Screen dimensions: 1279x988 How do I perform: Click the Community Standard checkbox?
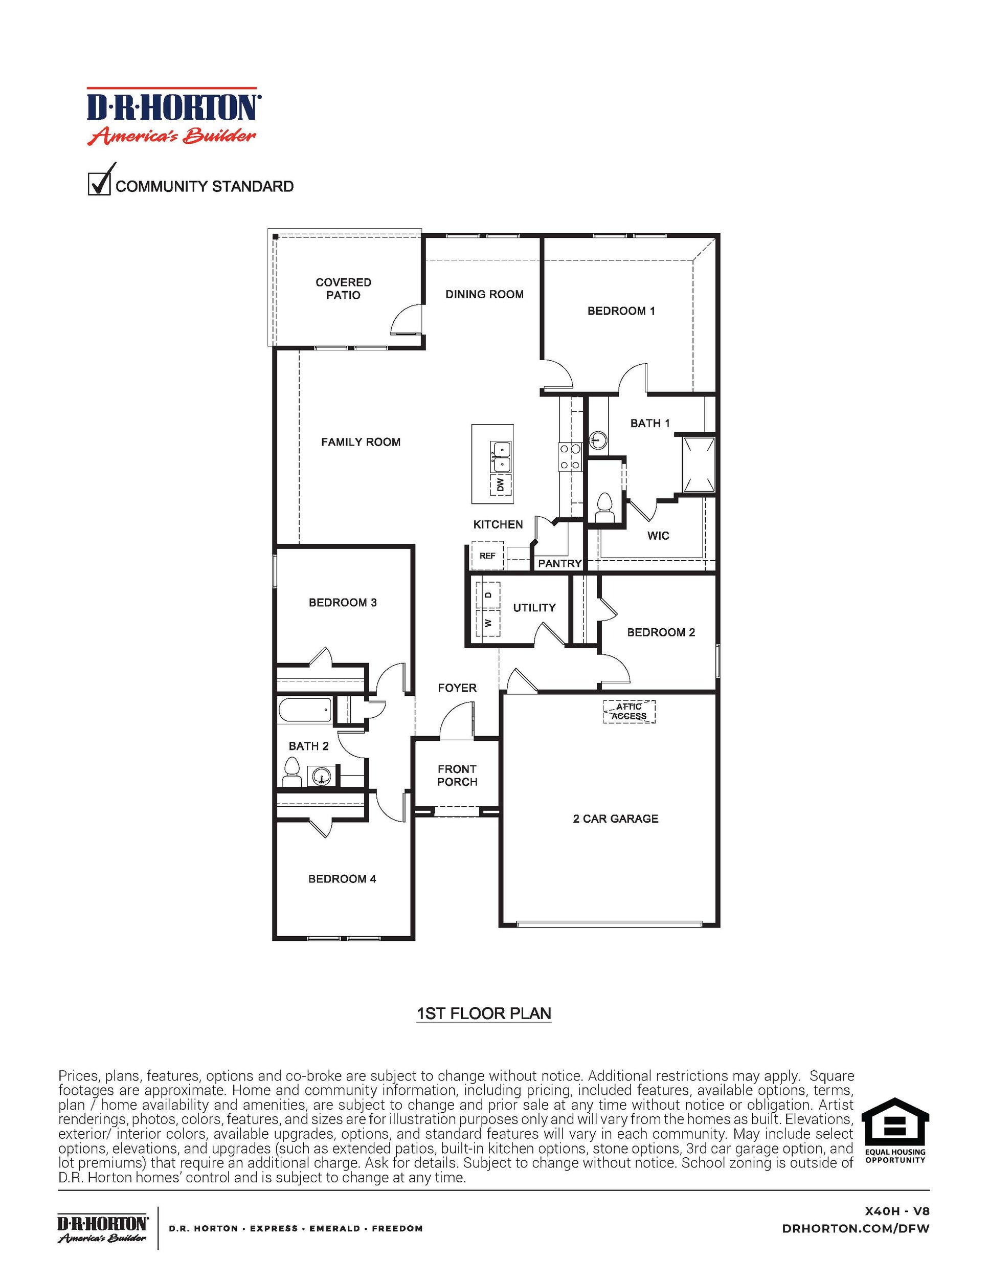(99, 183)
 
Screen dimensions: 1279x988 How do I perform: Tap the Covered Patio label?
(343, 289)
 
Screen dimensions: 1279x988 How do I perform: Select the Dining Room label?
(484, 295)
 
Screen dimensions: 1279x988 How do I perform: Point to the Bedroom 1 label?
(621, 311)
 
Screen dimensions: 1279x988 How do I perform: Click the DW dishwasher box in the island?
(500, 484)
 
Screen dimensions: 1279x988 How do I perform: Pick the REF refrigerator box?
(487, 555)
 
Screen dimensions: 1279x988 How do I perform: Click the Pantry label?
(559, 563)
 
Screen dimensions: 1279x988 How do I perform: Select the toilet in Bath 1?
(603, 506)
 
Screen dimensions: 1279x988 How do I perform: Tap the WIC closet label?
(658, 535)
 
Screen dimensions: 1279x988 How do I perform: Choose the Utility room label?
(534, 608)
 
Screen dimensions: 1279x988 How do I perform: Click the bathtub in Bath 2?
(305, 711)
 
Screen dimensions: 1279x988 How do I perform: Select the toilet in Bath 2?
(291, 771)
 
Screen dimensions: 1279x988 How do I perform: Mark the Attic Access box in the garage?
(629, 712)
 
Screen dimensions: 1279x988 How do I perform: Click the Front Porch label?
(457, 776)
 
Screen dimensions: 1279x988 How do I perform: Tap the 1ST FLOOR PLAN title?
(483, 1013)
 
